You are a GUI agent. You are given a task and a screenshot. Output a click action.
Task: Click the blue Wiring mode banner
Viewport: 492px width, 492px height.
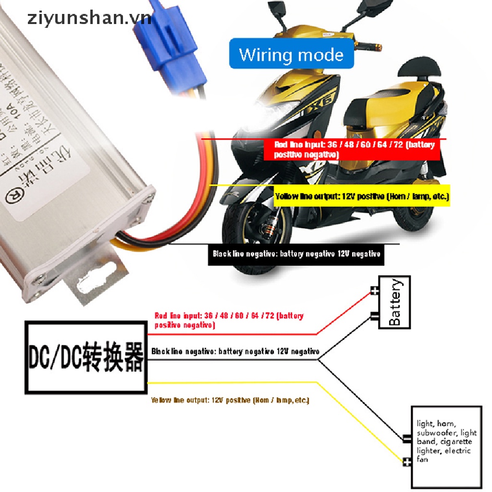(291, 54)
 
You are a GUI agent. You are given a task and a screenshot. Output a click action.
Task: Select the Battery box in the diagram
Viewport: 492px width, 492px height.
(394, 302)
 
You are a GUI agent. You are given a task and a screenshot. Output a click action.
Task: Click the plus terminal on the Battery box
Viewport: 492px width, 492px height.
(374, 291)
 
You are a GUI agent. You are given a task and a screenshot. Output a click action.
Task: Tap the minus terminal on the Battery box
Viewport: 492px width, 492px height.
(374, 315)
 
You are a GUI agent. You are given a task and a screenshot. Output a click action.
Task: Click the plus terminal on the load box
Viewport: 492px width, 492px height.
(407, 462)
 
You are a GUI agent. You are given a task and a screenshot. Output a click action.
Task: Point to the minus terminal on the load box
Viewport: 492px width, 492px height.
(407, 438)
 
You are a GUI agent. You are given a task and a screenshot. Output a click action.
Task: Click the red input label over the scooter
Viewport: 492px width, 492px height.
(352, 149)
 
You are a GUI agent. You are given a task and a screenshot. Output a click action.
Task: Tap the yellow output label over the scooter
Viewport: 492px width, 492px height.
(362, 197)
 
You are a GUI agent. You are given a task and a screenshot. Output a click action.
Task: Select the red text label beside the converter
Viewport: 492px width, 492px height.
(229, 320)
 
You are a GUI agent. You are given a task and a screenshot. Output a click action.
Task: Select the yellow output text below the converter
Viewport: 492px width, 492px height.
(230, 400)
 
